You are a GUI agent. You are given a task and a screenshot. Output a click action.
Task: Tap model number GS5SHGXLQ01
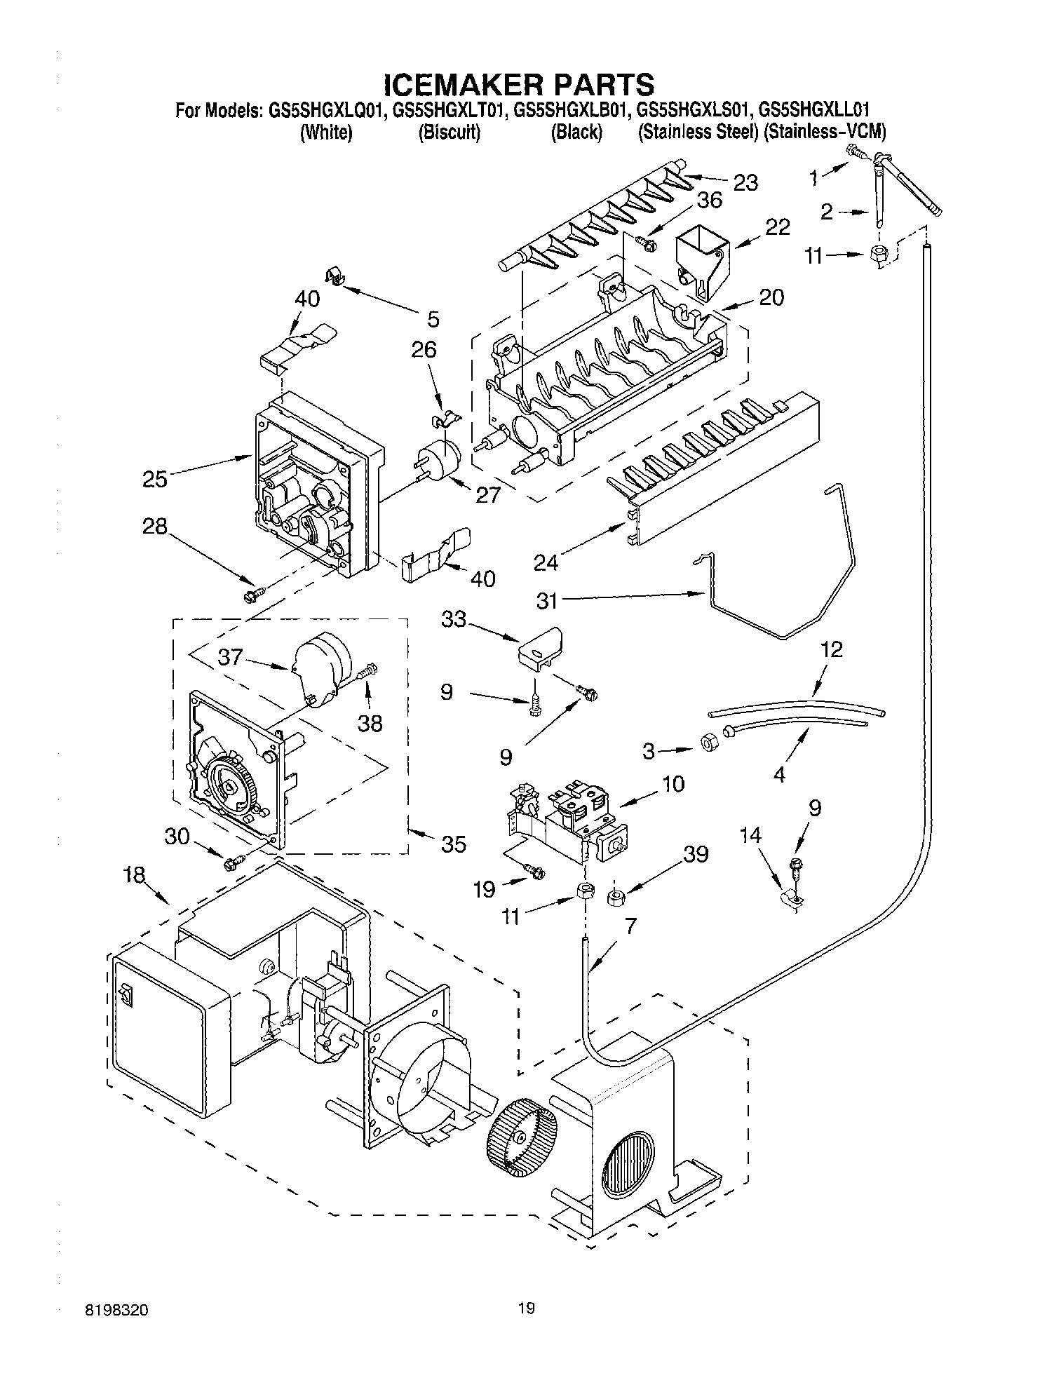click(325, 109)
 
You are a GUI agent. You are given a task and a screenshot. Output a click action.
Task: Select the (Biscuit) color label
click(449, 133)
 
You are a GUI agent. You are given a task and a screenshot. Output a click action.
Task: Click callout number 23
click(745, 183)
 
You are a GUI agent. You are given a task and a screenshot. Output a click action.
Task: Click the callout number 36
click(709, 200)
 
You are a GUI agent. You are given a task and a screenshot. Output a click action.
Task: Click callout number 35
click(453, 844)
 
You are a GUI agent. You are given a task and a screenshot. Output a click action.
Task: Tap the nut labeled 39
click(616, 896)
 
